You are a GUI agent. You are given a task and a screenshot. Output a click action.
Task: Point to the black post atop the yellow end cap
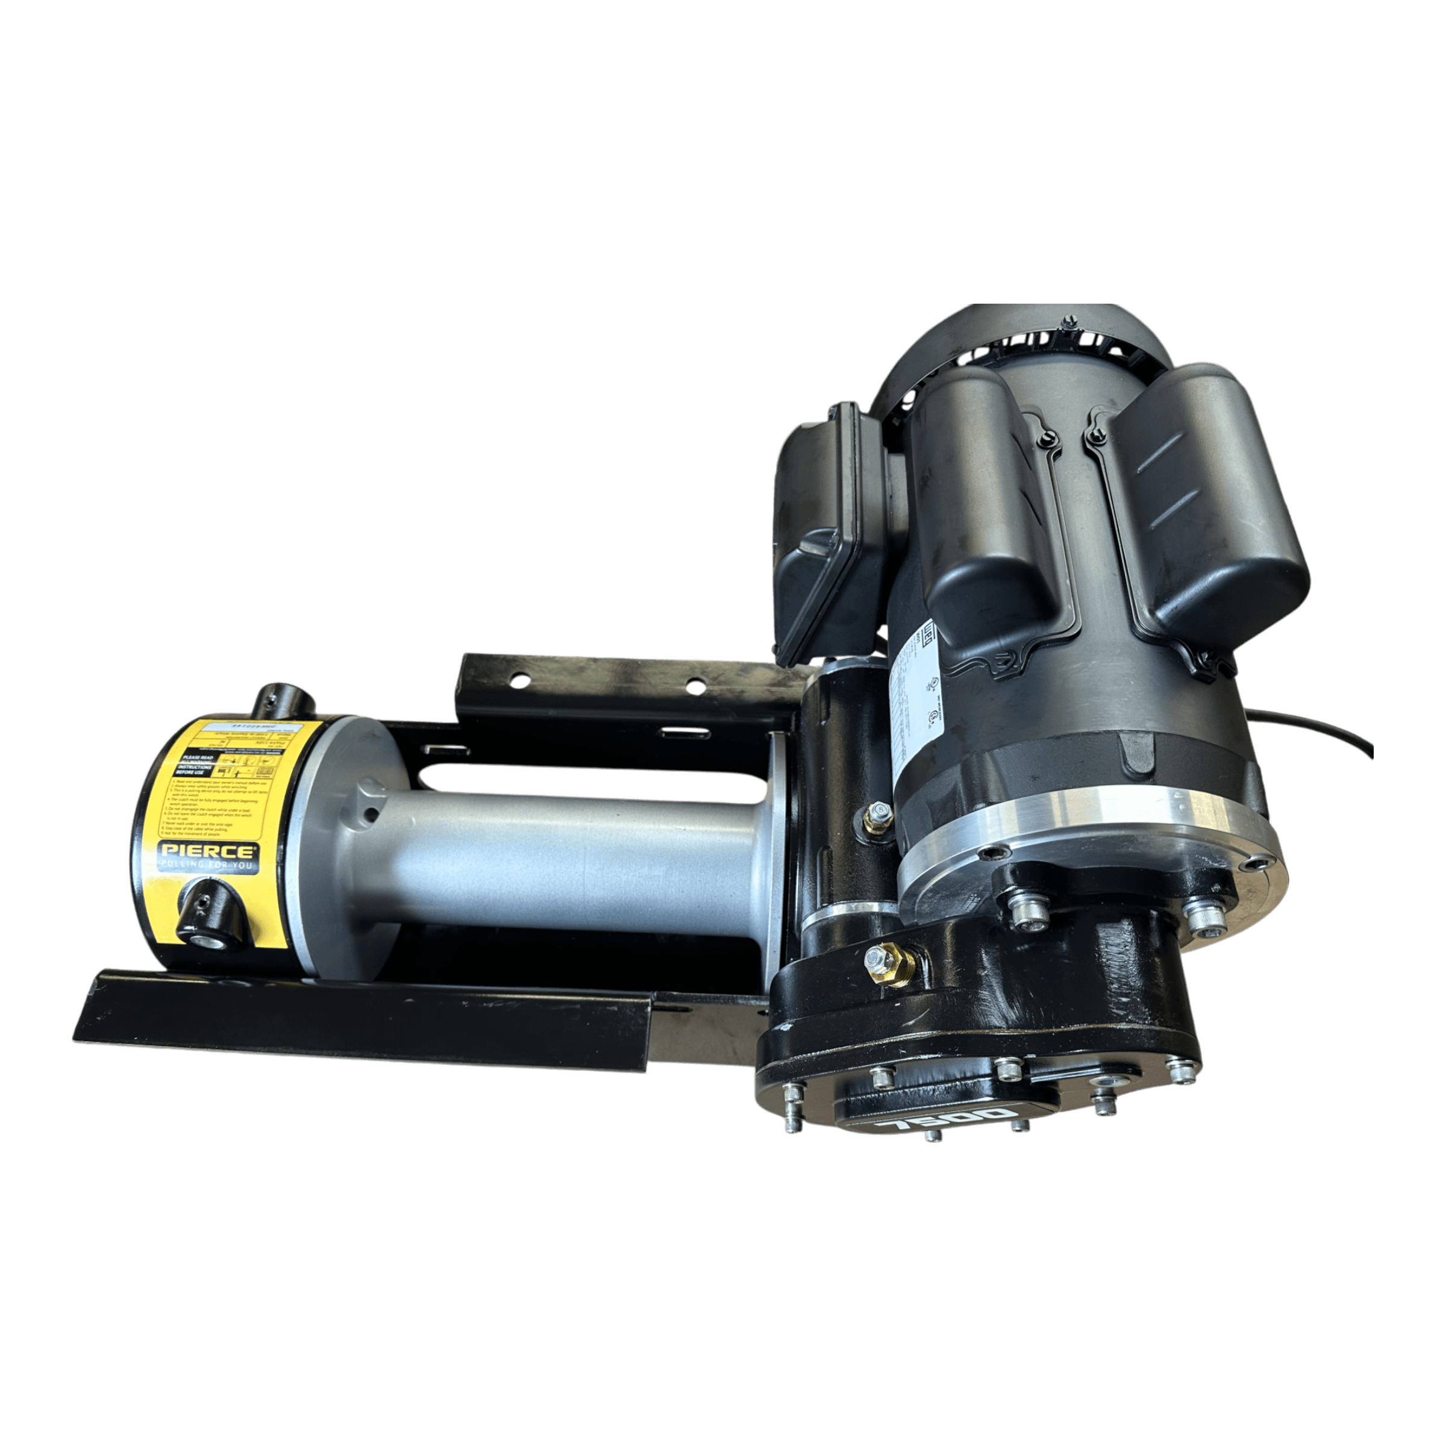286,702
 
